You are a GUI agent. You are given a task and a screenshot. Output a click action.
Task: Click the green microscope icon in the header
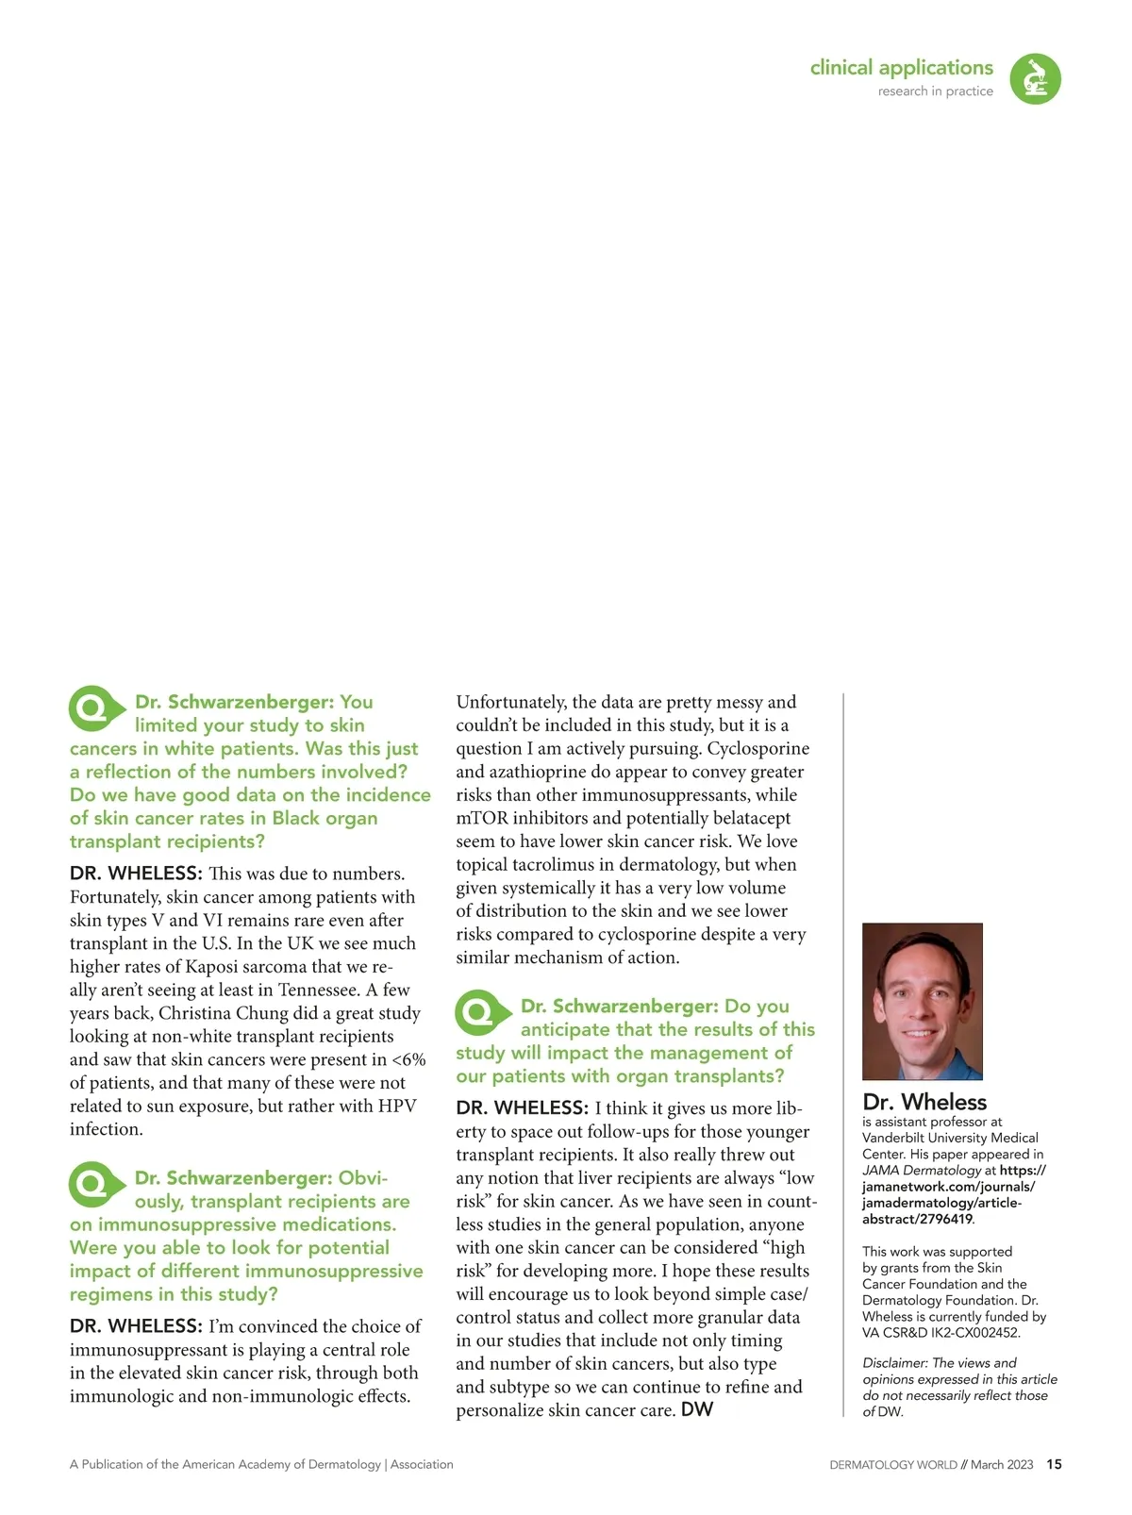(1035, 78)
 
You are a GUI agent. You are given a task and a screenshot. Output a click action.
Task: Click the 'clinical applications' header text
(901, 68)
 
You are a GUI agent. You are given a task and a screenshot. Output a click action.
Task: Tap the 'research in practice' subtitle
(935, 92)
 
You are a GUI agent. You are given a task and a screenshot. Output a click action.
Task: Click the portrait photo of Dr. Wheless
(922, 1001)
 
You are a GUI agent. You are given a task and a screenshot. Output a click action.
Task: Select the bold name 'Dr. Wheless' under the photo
(911, 1102)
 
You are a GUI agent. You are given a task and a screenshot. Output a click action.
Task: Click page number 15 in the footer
(1054, 1464)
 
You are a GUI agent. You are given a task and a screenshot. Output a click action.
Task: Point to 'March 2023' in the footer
(1002, 1465)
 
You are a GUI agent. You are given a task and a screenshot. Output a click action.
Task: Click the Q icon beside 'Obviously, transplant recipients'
(95, 1184)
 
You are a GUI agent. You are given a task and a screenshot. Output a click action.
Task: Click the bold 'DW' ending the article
(697, 1409)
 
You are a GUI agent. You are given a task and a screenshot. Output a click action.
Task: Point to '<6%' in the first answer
(408, 1059)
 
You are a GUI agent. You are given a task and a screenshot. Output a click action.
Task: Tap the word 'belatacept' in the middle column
(744, 818)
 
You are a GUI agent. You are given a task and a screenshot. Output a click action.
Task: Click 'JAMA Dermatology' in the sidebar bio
(922, 1171)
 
